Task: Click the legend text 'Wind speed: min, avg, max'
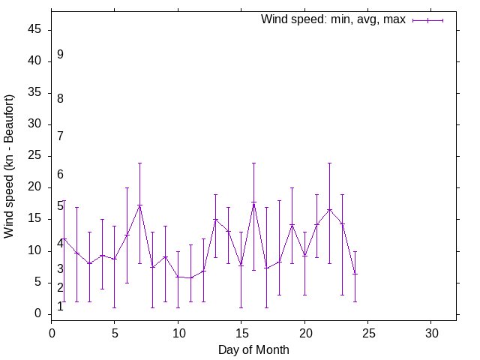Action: (333, 19)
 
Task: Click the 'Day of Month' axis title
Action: (253, 349)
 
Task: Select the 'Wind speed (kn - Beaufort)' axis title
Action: (10, 166)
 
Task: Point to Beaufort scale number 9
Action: (60, 55)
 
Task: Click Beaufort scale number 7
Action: (60, 136)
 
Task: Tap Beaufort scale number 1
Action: (60, 306)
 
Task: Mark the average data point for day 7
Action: (139, 205)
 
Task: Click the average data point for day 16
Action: (253, 202)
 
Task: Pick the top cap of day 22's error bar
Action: (329, 163)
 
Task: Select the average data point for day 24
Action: (355, 274)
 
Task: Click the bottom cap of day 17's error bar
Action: (266, 307)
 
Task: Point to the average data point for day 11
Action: (190, 277)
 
